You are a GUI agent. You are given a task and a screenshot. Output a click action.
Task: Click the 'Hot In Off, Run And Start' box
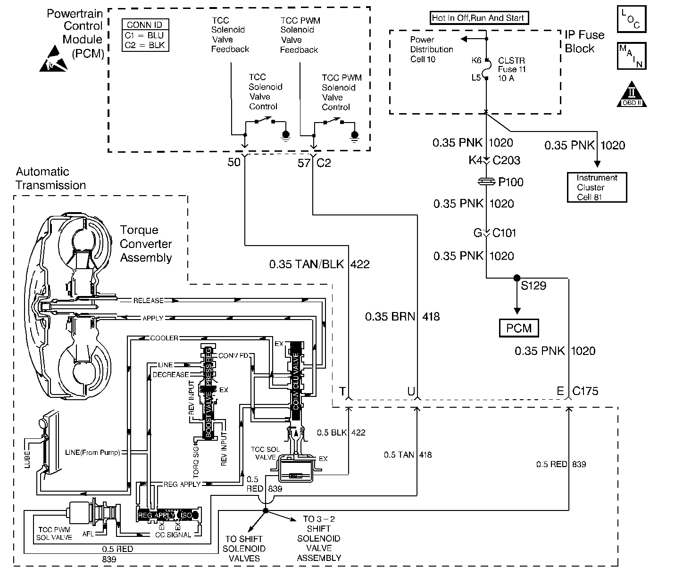[478, 18]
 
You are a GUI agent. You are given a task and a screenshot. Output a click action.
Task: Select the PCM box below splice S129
[518, 328]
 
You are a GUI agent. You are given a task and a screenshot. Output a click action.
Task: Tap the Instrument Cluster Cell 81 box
[597, 187]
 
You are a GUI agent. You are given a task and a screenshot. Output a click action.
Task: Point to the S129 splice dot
[517, 278]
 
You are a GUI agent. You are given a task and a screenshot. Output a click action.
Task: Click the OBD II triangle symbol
[632, 94]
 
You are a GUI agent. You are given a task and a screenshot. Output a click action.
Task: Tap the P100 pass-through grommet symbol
[486, 182]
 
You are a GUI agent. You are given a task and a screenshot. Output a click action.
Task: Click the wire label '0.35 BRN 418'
[402, 317]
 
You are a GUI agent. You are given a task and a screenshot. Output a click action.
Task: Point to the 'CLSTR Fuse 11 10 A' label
[512, 70]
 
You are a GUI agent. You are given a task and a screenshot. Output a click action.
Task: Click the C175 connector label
[585, 391]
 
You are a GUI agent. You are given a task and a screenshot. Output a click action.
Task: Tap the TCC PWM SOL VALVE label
[55, 534]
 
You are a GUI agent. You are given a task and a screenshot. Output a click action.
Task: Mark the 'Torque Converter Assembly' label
[146, 244]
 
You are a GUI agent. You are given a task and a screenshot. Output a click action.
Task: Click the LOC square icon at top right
[631, 19]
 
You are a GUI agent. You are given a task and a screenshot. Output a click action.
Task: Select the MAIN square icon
[631, 56]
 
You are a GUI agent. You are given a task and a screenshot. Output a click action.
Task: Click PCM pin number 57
[304, 163]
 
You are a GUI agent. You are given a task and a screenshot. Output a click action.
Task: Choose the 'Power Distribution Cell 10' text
[431, 49]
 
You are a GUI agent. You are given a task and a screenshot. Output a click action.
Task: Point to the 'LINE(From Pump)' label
[92, 453]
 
